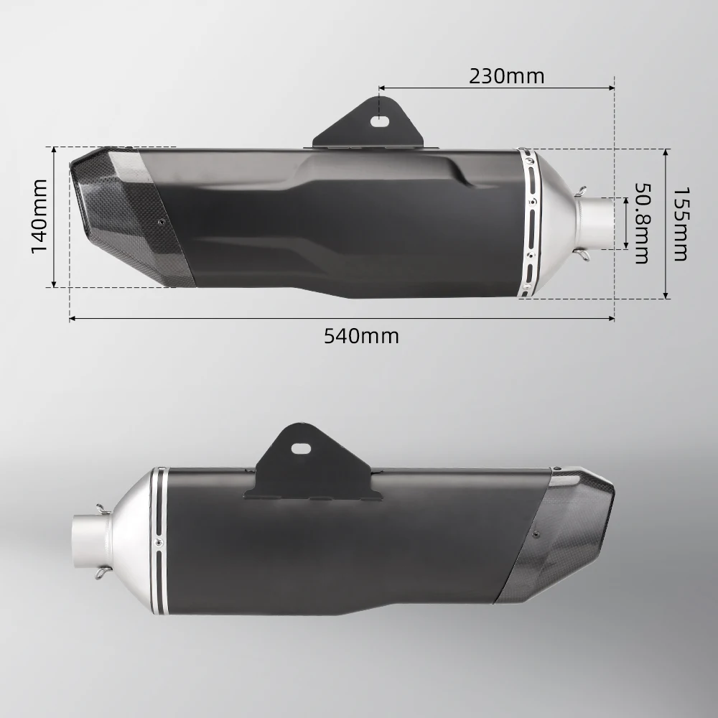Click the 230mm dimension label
pos(506,75)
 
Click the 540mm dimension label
pos(361,335)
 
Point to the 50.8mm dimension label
pos(640,223)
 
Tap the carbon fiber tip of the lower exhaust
pos(567,531)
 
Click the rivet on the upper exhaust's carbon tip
pos(162,223)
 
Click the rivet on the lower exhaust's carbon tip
pos(534,533)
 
